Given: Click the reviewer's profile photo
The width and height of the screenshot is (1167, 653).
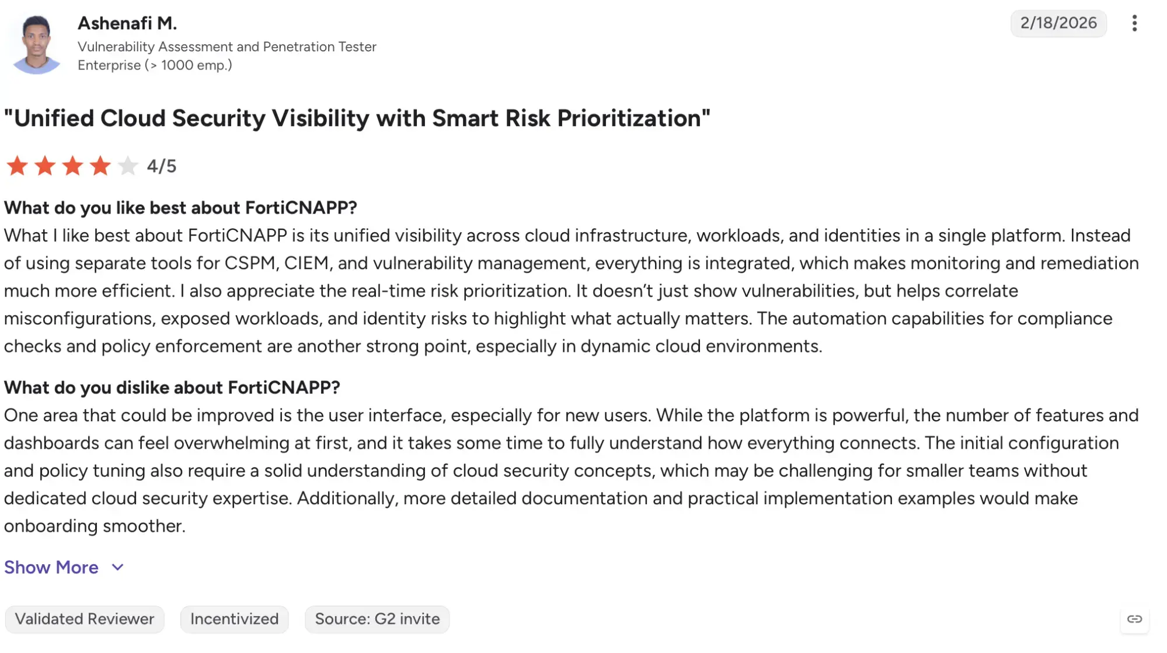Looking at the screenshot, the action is (36, 44).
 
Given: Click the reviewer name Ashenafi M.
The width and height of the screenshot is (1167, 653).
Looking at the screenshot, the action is (127, 23).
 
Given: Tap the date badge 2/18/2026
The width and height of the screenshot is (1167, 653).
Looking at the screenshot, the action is (1058, 23).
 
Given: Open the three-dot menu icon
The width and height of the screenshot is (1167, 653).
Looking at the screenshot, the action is (1134, 23).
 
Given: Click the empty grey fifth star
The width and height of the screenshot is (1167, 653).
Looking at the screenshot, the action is (127, 166).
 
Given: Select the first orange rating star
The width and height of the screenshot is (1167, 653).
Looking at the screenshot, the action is (17, 166).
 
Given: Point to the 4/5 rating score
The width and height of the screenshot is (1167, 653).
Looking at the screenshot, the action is (162, 166).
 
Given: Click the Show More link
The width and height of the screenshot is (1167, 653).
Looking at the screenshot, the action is (51, 567).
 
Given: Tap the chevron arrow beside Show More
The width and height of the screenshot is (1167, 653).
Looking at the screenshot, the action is (118, 567).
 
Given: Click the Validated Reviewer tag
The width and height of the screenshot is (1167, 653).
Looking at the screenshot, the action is (85, 619).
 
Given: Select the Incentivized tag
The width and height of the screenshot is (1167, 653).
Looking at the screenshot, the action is (235, 619).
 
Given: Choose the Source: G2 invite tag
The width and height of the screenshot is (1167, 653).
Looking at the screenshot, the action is (377, 619).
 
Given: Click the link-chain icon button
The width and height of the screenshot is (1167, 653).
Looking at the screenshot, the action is (1134, 619).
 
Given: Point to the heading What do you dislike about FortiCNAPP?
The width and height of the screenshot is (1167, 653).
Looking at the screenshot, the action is (172, 387).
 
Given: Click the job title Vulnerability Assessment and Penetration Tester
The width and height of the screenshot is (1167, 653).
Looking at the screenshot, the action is (227, 47).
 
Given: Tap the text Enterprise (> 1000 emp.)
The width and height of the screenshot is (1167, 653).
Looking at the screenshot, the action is (155, 65).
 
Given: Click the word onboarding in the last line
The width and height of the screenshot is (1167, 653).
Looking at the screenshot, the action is (51, 526).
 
